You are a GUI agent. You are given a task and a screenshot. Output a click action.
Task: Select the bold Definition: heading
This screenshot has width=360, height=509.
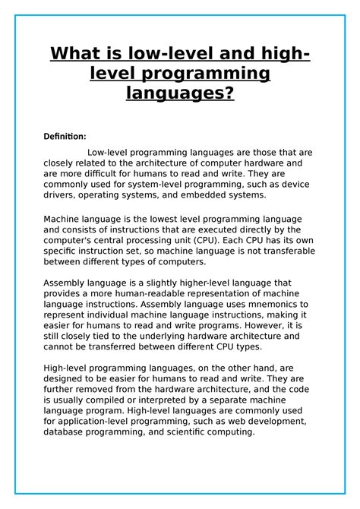pyautogui.click(x=65, y=137)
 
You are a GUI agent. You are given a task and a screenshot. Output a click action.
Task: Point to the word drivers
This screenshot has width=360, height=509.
pyautogui.click(x=60, y=195)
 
